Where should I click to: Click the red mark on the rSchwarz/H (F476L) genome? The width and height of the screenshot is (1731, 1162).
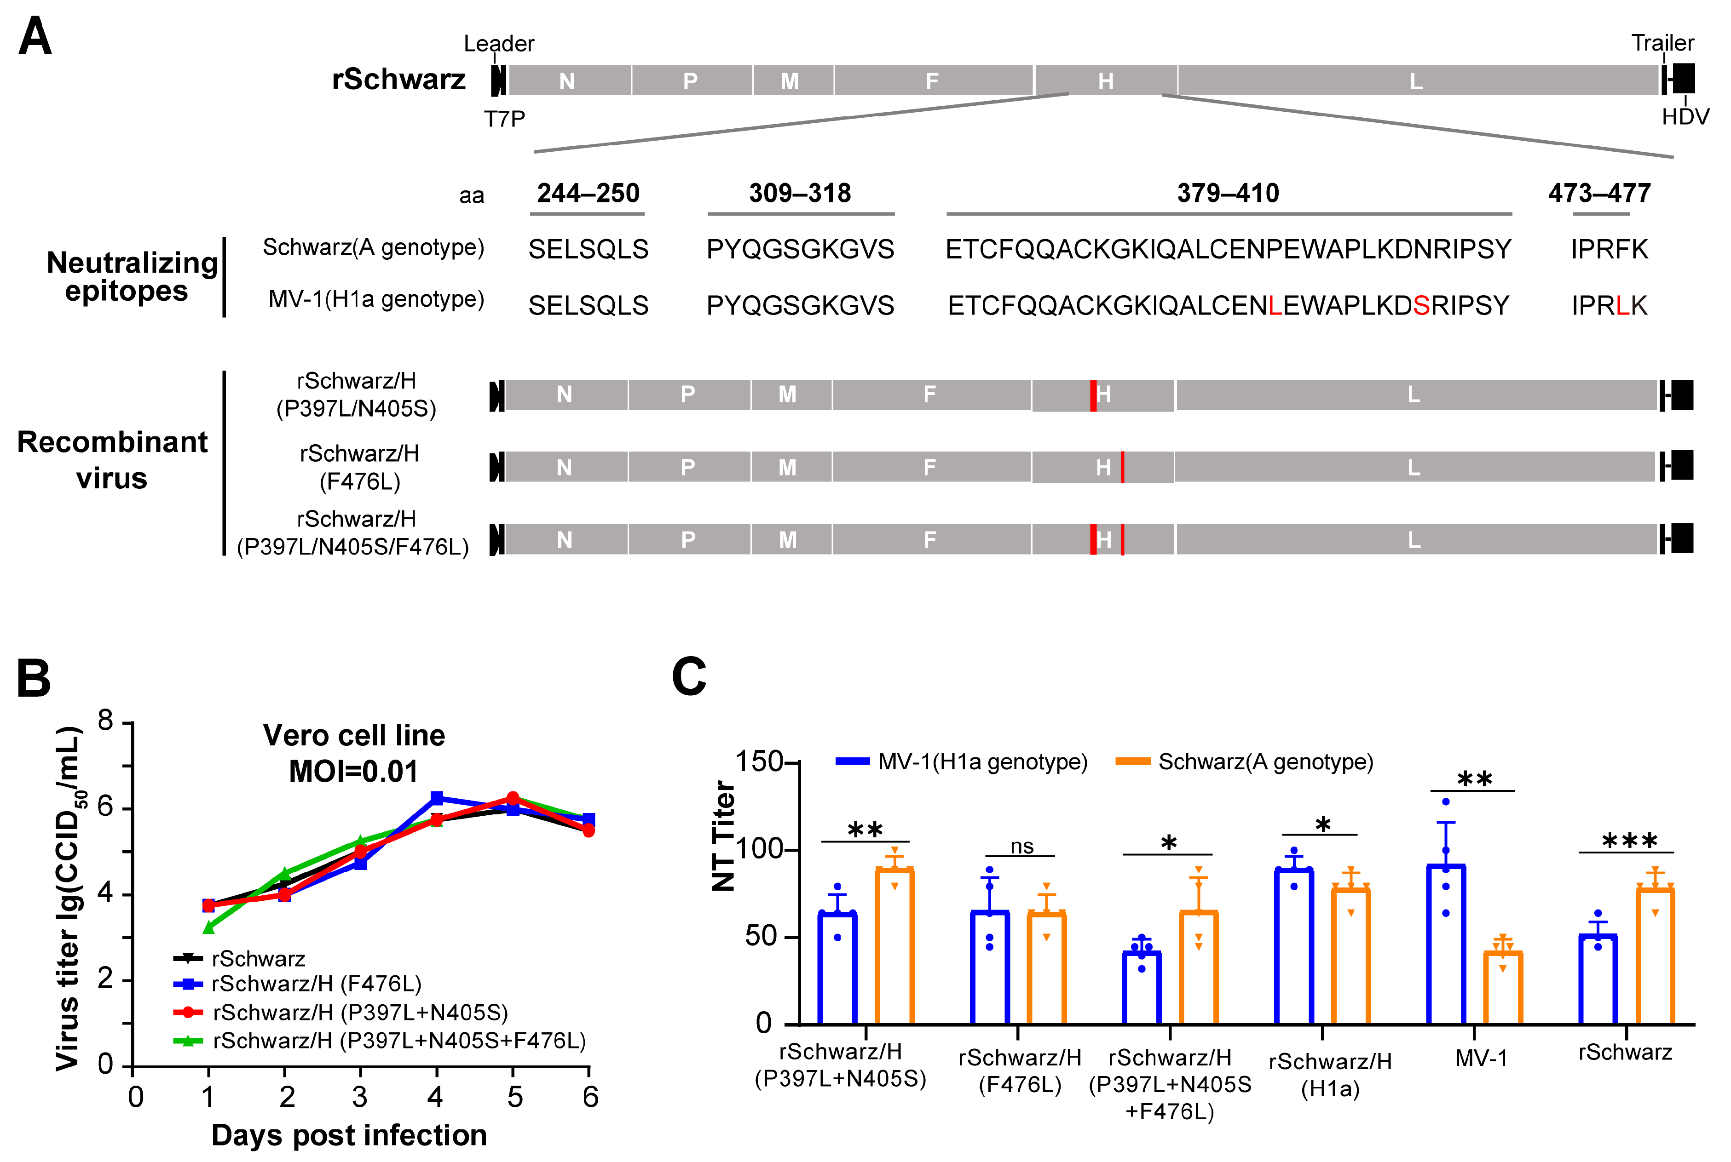pos(1122,467)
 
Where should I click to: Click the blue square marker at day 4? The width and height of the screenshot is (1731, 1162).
pos(437,798)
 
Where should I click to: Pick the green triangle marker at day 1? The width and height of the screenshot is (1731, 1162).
pos(209,927)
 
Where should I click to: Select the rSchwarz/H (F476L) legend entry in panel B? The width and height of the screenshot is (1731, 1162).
pos(316,984)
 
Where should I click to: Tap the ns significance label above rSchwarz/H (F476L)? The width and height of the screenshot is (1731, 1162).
pos(1021,846)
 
